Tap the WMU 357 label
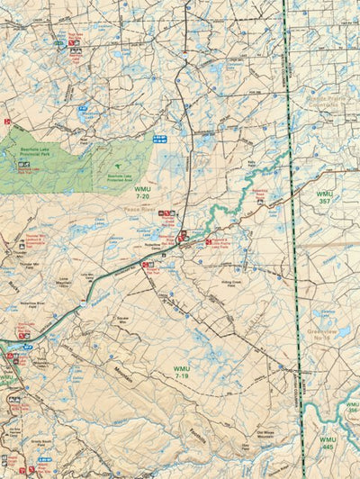point(324,198)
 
